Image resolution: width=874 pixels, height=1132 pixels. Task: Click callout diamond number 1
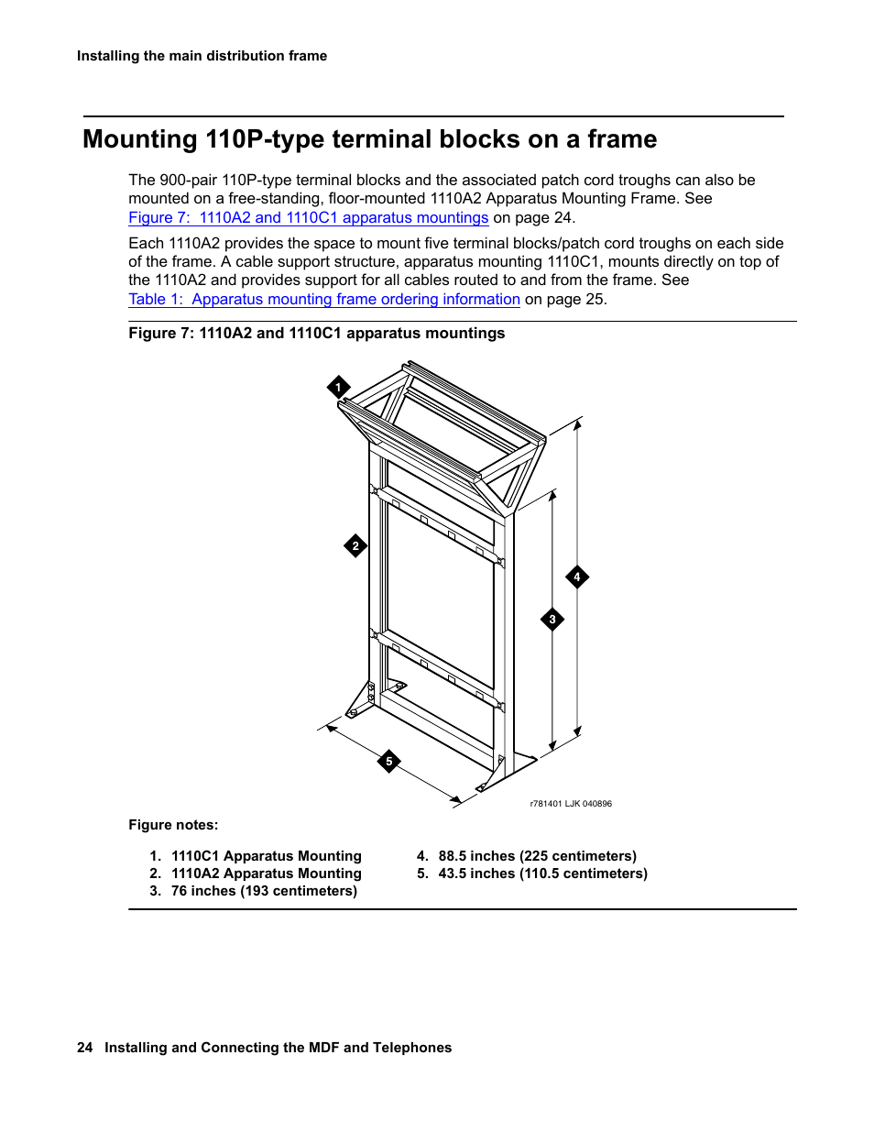338,388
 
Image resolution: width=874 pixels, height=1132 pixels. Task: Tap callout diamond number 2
355,546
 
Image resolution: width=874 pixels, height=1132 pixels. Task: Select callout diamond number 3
552,620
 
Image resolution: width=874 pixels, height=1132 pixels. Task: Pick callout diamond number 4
577,577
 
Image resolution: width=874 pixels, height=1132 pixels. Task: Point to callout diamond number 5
389,762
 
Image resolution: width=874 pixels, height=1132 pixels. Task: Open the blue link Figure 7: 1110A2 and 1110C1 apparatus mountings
308,218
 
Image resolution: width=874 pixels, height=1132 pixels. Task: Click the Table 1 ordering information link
323,300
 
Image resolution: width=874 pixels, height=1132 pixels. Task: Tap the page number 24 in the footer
84,1048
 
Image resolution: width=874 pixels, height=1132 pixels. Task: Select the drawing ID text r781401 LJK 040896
571,804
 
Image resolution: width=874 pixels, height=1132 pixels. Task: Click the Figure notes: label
173,825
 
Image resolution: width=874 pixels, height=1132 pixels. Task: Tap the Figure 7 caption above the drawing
316,334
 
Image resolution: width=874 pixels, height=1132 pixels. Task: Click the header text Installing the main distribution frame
202,56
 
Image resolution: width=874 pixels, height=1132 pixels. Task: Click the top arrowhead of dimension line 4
578,424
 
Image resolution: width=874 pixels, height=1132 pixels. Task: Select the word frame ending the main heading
622,139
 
